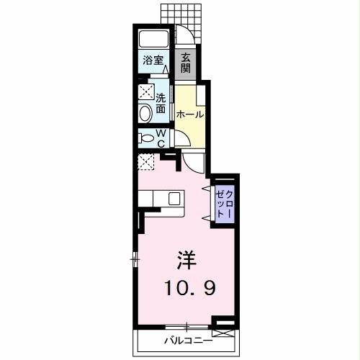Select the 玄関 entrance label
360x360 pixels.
(186, 63)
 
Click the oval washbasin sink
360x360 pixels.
(146, 112)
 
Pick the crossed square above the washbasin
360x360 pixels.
(146, 92)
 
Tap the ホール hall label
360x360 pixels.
(189, 114)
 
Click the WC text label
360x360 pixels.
(161, 138)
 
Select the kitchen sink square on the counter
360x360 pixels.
(175, 198)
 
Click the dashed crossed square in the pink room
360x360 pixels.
(147, 162)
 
